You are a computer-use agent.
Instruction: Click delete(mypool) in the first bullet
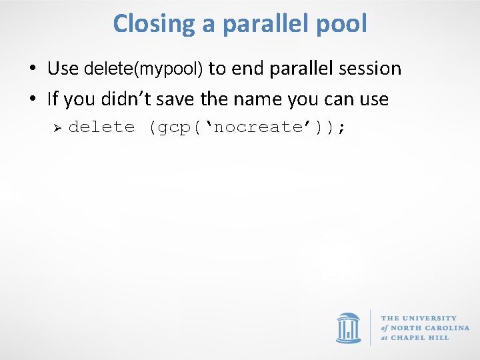[x=143, y=69]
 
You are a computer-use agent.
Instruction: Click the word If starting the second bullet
[x=53, y=99]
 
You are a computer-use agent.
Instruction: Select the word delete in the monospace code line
[x=101, y=127]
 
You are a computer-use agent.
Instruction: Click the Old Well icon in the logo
[x=348, y=328]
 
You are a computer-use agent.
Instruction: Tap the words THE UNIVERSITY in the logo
[x=419, y=319]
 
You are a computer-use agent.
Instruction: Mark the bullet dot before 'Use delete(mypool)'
[x=32, y=69]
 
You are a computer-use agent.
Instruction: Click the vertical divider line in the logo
[x=371, y=328]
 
